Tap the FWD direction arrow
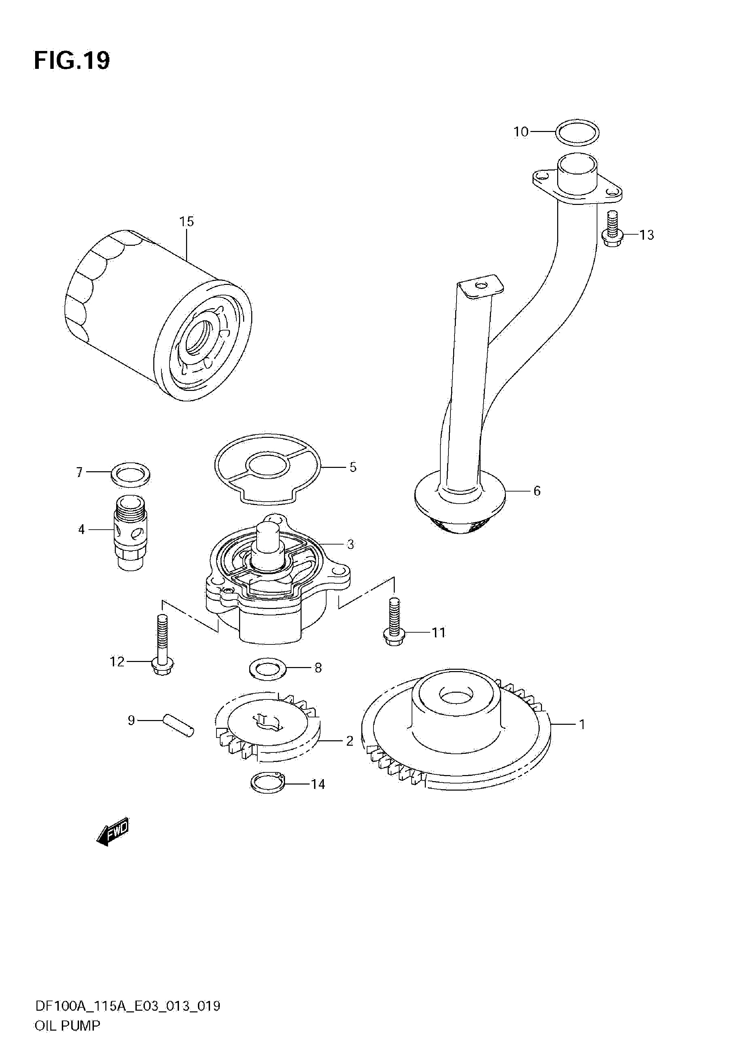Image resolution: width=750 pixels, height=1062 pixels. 112,832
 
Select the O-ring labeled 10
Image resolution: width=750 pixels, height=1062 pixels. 578,132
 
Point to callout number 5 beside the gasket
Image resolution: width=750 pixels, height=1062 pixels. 353,467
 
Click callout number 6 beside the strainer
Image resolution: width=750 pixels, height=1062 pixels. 537,491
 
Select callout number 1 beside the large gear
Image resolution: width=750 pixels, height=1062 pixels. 582,725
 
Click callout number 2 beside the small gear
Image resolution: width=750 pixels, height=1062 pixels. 350,741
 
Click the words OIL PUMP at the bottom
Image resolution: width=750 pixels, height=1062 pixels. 67,1035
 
